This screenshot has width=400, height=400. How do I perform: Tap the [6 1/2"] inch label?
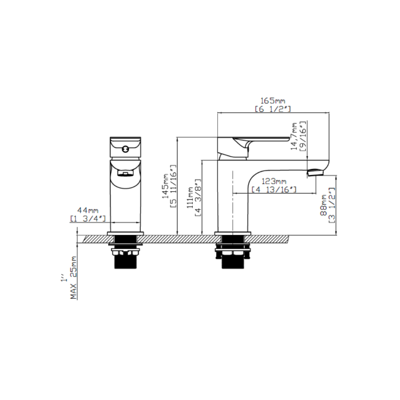click(x=273, y=109)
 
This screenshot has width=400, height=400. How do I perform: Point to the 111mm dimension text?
click(x=190, y=198)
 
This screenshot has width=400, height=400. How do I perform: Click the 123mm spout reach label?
click(x=274, y=181)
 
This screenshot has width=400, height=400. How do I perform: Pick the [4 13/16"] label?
click(x=274, y=190)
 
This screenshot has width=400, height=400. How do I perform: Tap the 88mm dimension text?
click(x=324, y=205)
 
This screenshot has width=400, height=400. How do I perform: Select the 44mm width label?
click(x=88, y=210)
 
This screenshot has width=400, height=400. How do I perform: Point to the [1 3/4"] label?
click(x=88, y=218)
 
